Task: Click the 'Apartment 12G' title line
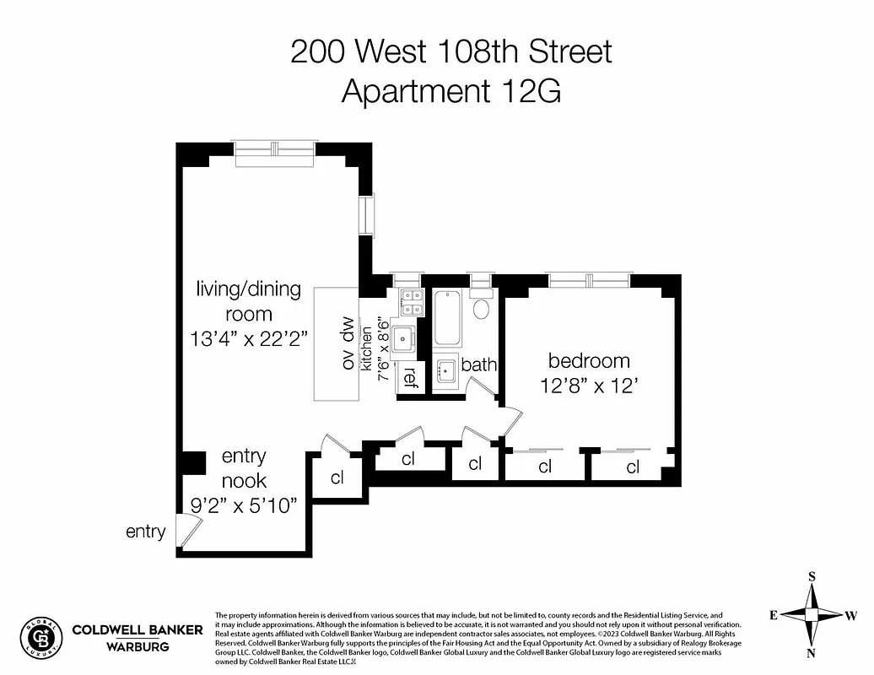coord(450,90)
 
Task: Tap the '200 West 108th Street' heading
coord(450,51)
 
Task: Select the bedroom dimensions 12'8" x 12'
coord(589,386)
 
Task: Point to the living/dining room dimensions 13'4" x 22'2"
coord(248,339)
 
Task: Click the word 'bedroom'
coord(589,361)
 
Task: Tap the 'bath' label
coord(478,365)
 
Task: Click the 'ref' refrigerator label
coord(410,376)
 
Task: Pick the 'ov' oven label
coord(346,359)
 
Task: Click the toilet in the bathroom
coord(482,307)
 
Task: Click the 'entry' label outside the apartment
coord(146,532)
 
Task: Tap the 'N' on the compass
coord(812,653)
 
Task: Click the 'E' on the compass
coord(773,615)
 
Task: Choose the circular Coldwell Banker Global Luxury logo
coord(41,636)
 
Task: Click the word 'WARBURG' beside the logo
coord(137,647)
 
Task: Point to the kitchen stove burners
coord(412,302)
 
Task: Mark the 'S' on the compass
coord(812,576)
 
